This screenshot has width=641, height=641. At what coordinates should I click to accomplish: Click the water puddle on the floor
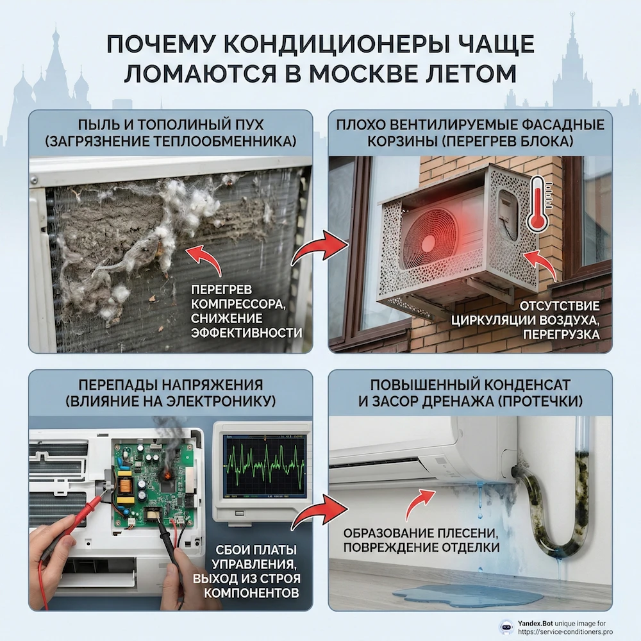pyautogui.click(x=467, y=597)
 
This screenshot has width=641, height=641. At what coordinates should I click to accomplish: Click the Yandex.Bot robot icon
pyautogui.click(x=488, y=626)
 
